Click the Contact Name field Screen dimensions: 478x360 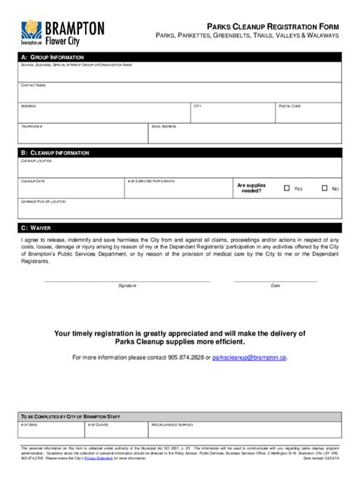point(179,92)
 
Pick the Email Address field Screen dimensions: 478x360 point(244,133)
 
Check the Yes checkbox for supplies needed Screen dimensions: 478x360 point(287,187)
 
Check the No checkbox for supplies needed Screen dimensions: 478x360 point(325,187)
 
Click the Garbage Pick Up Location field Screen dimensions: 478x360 point(179,209)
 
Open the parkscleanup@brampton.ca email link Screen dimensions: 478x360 point(250,357)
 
